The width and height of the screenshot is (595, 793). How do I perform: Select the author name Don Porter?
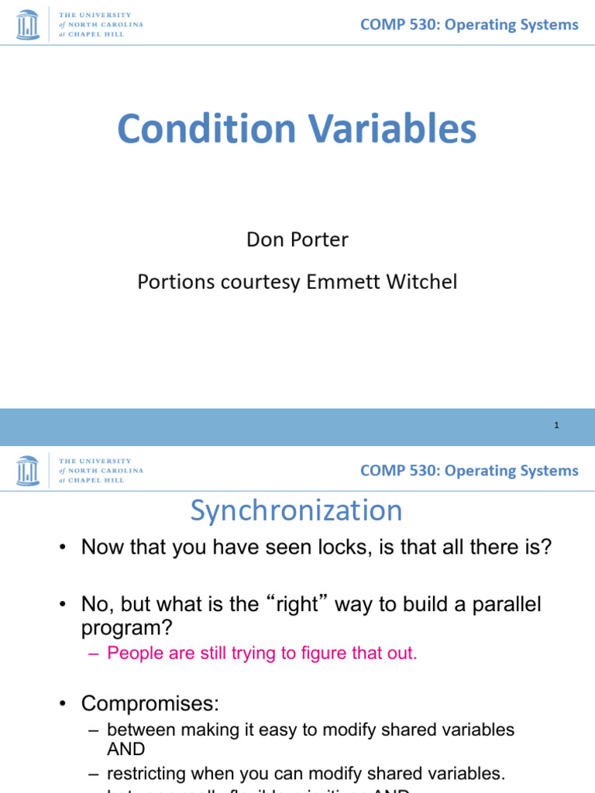click(297, 239)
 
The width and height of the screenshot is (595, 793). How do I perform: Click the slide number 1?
click(556, 425)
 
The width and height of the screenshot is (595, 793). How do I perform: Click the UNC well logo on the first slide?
click(28, 25)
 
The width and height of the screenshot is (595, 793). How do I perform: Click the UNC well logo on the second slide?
click(28, 471)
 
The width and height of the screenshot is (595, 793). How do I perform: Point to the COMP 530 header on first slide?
click(469, 25)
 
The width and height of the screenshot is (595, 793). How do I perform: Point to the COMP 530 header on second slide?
click(469, 471)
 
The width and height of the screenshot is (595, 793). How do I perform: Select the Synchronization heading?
click(297, 511)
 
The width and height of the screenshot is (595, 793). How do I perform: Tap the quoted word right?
click(298, 603)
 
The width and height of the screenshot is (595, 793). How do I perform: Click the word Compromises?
click(150, 703)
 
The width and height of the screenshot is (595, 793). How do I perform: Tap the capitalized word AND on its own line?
click(126, 749)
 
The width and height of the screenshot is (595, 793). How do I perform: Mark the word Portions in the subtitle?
click(172, 282)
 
